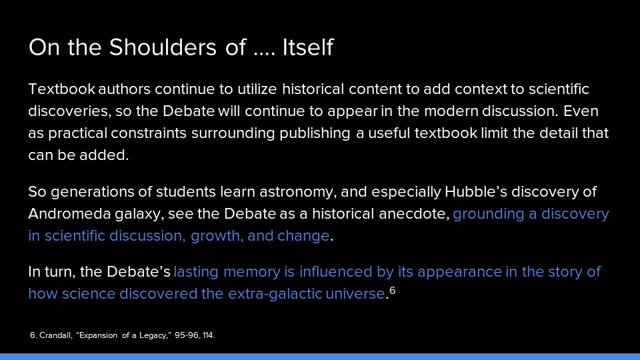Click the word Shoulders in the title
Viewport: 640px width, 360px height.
tap(163, 47)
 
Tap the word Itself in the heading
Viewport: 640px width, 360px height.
tap(308, 47)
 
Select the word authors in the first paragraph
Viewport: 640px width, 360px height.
tap(124, 89)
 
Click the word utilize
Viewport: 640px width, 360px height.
tap(257, 89)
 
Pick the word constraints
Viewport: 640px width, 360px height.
tap(149, 133)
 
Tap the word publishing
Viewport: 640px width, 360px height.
tap(315, 133)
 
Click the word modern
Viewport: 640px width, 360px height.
tap(451, 111)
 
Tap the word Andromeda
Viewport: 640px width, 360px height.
tap(69, 213)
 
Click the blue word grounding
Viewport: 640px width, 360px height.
tap(489, 214)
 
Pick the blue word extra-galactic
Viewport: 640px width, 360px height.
tap(275, 294)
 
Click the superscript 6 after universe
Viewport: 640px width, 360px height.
tap(392, 290)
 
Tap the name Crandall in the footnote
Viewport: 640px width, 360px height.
tap(56, 335)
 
